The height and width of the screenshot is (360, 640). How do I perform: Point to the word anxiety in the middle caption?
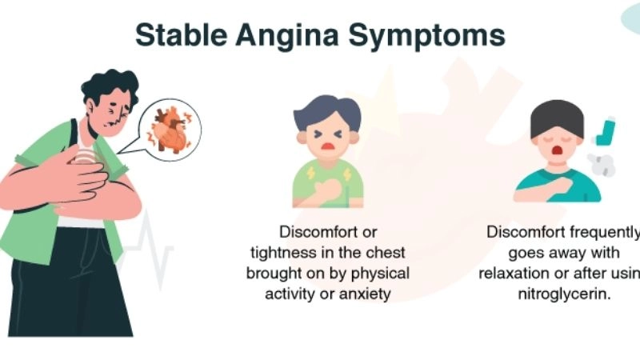click(x=364, y=294)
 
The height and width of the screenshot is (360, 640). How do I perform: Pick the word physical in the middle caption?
click(x=381, y=273)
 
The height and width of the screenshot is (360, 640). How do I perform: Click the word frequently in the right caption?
click(x=603, y=232)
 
